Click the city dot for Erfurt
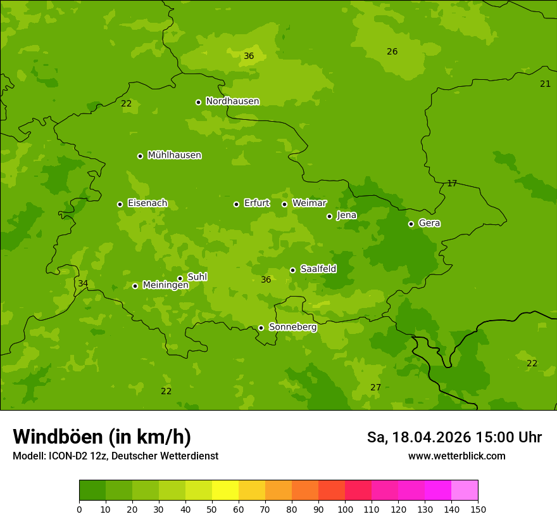236,204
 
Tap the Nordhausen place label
232,101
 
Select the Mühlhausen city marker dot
140,156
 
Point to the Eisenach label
147,203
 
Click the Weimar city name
309,203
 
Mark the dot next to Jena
329,216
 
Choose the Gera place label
429,223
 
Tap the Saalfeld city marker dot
292,270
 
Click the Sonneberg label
292,327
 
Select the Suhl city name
197,277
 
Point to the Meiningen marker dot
135,286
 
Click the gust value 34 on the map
83,283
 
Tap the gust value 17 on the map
452,183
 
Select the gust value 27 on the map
376,387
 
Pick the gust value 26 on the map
392,51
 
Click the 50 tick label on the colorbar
212,509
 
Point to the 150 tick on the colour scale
478,509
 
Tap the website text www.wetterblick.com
456,456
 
